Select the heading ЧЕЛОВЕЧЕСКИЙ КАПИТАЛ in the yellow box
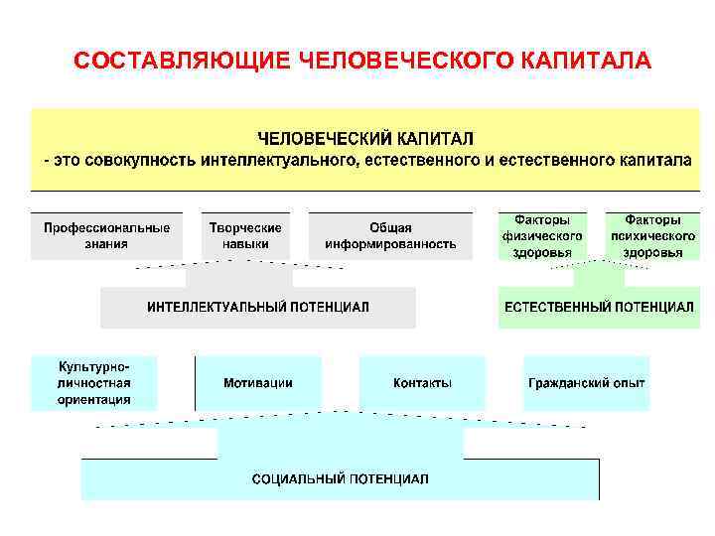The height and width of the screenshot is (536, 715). coord(366,138)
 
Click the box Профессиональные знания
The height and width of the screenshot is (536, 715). coord(106,235)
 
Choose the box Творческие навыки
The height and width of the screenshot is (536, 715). coord(245,235)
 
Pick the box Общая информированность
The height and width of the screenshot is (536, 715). coord(390,235)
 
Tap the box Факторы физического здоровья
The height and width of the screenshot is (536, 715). coord(542,235)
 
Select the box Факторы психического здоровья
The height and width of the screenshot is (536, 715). coord(652,235)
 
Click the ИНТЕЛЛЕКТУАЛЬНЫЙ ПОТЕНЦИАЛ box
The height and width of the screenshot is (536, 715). coord(258,308)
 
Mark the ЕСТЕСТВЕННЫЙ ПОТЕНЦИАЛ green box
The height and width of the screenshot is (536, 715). coord(599,308)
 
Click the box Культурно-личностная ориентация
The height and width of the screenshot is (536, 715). coord(94,383)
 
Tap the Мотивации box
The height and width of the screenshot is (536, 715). coord(258,383)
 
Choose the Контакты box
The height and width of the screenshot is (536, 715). coord(422,383)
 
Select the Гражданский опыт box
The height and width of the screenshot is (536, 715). coord(587,383)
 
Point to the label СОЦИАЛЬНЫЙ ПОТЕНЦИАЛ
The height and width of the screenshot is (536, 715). coord(341,478)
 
